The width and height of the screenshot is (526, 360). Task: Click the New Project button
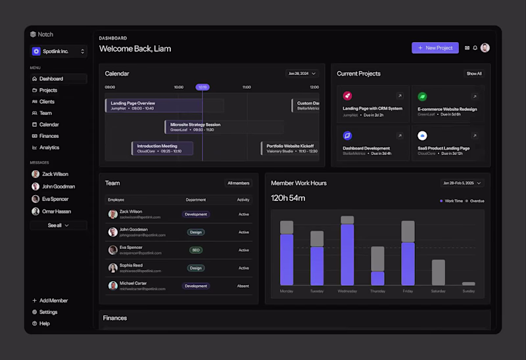coord(435,48)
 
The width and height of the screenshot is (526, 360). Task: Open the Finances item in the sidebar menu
coord(49,136)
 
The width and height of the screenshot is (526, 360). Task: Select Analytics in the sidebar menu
coord(49,148)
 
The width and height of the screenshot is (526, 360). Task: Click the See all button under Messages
coord(58,225)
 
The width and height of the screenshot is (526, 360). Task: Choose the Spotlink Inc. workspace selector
coord(59,51)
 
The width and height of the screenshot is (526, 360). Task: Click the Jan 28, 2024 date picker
coord(302,74)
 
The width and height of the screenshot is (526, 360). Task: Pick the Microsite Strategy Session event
coord(224,127)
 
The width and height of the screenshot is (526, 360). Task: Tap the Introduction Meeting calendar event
coord(162,148)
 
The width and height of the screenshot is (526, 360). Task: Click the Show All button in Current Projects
coord(474,74)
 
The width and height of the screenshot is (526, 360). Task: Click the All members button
coord(238,183)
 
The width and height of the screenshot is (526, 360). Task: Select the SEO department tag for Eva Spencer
coord(196,250)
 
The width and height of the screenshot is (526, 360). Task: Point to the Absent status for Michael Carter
coord(243,286)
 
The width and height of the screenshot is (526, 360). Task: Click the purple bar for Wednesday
coord(347,254)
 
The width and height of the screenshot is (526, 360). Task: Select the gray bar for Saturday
coord(439,272)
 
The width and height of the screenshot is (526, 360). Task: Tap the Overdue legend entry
coord(475,201)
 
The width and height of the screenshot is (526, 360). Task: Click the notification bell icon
coord(475,48)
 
